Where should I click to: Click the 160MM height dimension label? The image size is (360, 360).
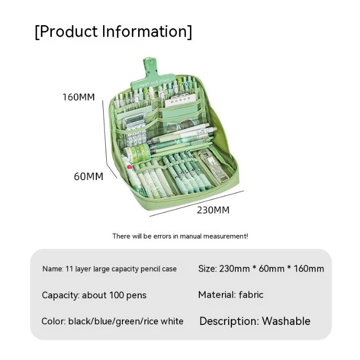click(x=78, y=97)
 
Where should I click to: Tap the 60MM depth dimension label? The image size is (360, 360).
click(x=88, y=176)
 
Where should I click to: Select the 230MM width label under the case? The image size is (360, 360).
click(x=213, y=210)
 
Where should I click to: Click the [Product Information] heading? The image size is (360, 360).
click(x=114, y=31)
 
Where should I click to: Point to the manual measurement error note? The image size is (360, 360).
click(x=180, y=236)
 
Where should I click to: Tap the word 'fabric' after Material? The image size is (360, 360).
click(x=251, y=295)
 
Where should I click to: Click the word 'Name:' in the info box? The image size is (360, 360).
click(x=53, y=269)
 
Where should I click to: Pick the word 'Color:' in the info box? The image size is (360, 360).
click(x=54, y=321)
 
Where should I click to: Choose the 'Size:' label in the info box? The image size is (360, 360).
click(x=207, y=268)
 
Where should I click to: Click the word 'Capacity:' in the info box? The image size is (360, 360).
click(x=60, y=295)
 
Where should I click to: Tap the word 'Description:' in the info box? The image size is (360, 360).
click(x=229, y=321)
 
